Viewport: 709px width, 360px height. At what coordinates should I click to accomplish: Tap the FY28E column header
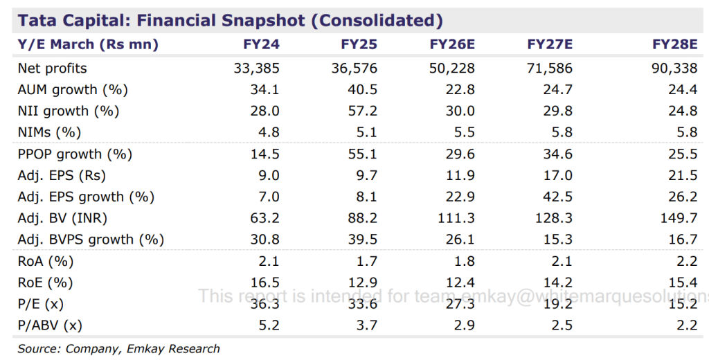675,45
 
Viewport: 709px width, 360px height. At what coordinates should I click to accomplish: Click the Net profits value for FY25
354,69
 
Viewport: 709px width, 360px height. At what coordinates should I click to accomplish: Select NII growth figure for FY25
363,111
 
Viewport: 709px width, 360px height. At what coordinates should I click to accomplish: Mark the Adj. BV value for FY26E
457,219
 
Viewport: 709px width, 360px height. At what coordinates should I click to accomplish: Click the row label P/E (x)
41,304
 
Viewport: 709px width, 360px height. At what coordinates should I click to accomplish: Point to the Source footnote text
118,349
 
